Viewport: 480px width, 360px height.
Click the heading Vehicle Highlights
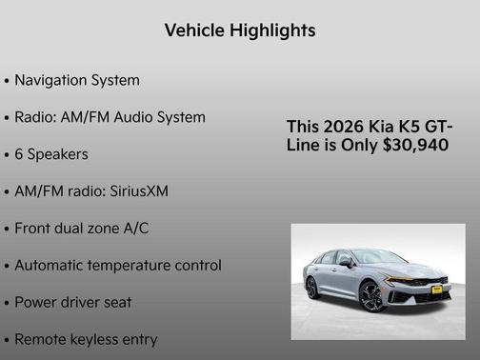pos(240,30)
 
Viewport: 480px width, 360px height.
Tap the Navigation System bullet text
pos(76,80)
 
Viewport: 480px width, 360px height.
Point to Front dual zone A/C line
pos(81,229)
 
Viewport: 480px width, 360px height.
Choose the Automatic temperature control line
pos(118,265)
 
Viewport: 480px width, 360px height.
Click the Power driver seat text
pos(72,302)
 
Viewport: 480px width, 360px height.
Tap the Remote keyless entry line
pos(86,339)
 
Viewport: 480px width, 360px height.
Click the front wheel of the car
pos(373,297)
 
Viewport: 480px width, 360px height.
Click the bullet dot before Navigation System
pos(8,81)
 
